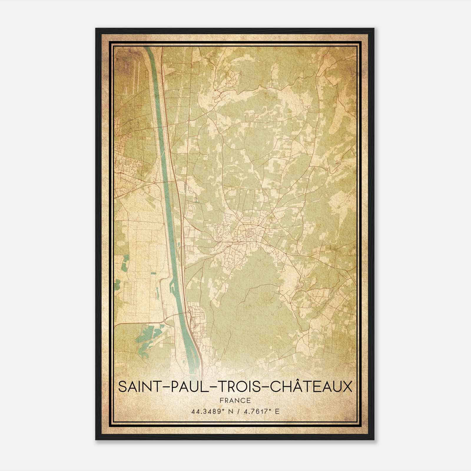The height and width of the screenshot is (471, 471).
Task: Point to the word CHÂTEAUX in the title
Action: pos(311,387)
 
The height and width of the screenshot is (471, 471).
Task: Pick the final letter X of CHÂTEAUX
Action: pos(347,387)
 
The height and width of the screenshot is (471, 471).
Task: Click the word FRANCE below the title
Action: pos(235,400)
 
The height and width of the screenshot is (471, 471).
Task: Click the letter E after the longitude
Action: pos(276,412)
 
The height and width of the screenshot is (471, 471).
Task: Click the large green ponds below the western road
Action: pos(147,336)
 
